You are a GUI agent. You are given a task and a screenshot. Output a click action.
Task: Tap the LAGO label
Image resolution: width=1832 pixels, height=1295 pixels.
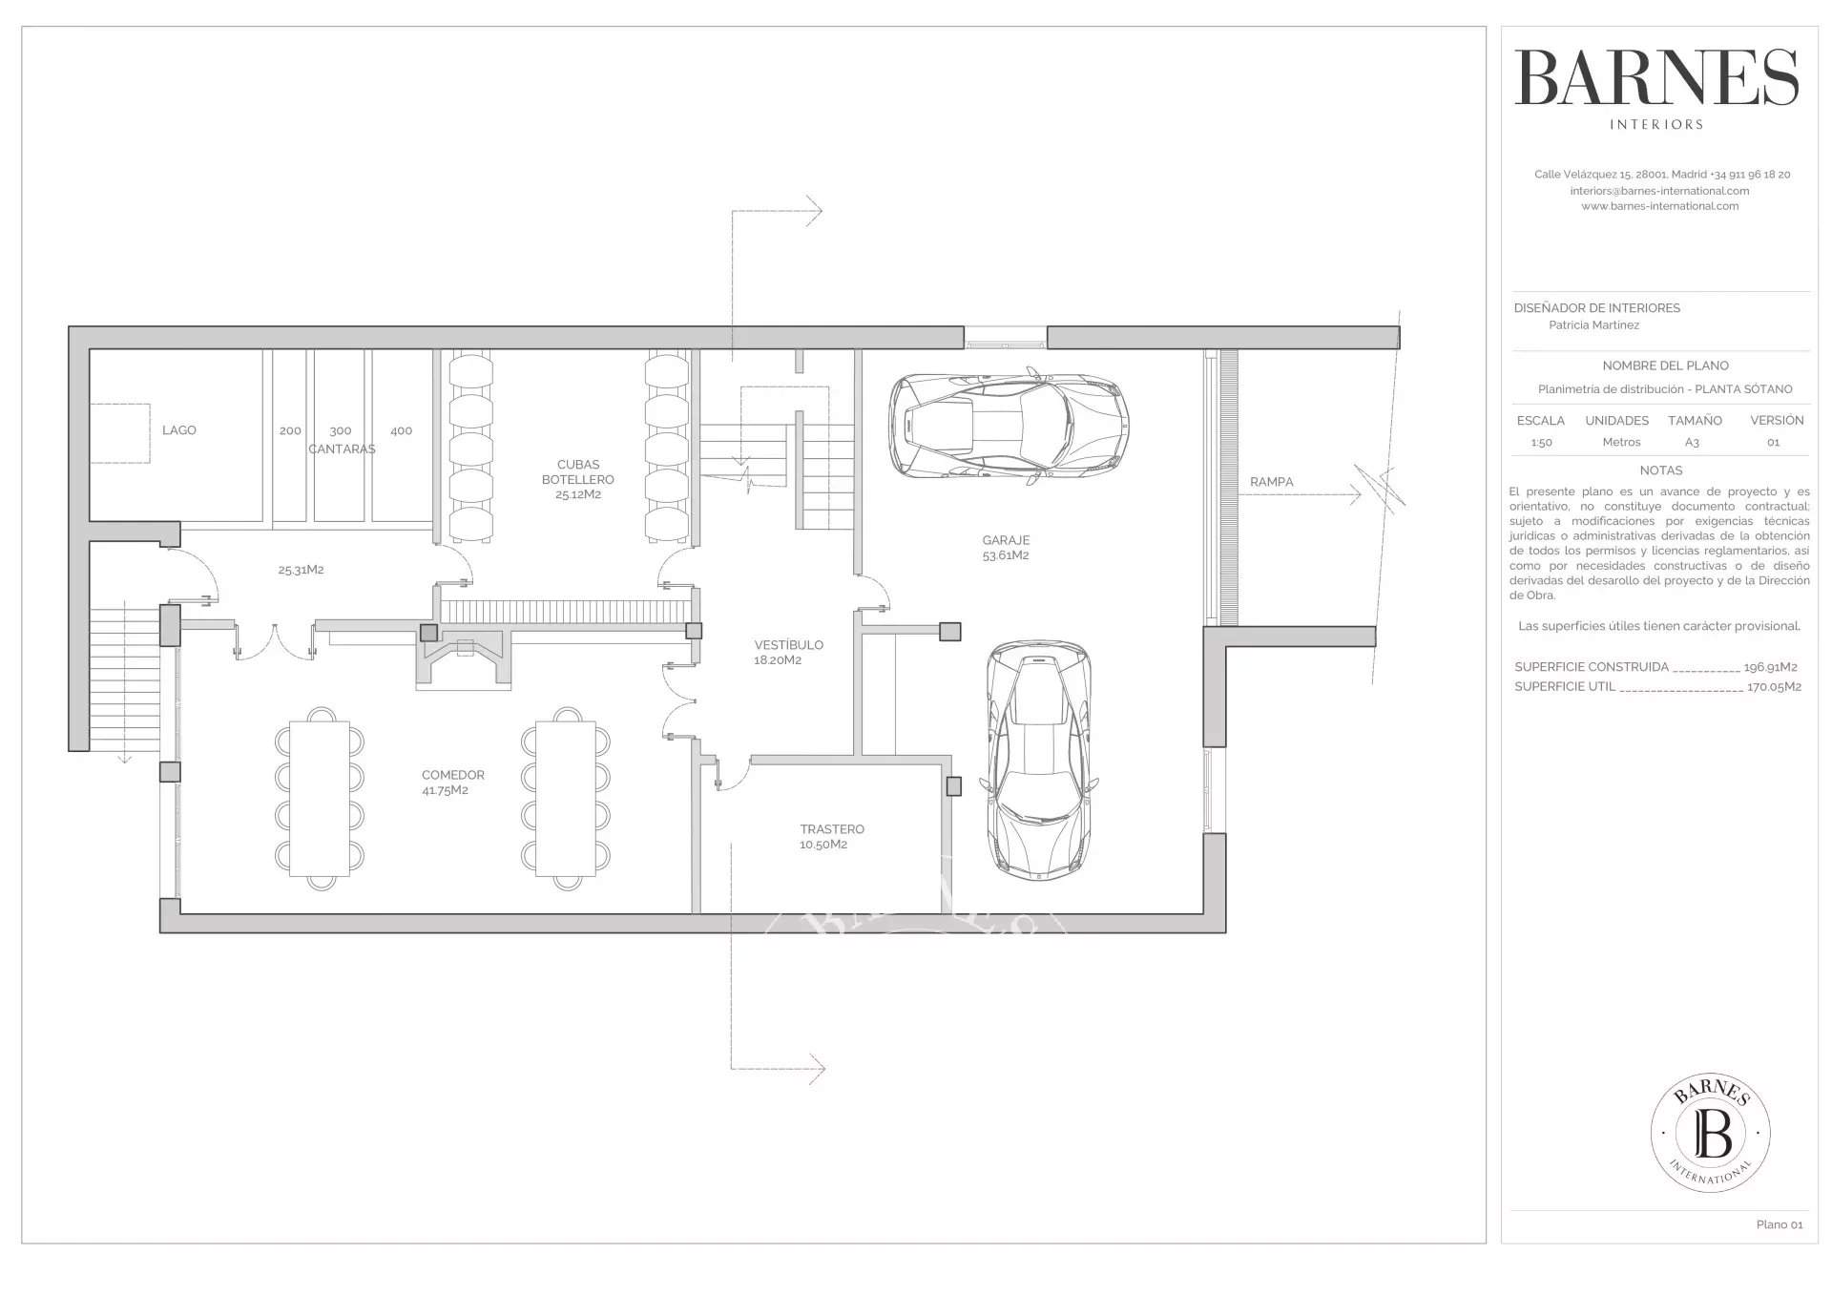(x=178, y=430)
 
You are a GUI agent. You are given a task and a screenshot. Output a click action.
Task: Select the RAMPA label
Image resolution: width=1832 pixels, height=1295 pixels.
(x=1271, y=482)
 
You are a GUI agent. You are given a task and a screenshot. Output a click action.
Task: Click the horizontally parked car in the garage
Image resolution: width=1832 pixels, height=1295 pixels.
(x=1009, y=426)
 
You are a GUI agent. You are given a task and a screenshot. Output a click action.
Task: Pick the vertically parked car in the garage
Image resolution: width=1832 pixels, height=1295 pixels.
(x=1038, y=760)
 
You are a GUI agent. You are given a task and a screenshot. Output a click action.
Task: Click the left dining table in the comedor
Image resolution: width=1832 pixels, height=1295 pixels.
(x=320, y=798)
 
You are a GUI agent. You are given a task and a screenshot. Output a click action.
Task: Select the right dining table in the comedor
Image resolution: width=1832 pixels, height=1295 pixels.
(x=566, y=798)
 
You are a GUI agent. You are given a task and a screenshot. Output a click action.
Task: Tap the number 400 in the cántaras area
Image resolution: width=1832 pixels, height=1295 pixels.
(x=401, y=430)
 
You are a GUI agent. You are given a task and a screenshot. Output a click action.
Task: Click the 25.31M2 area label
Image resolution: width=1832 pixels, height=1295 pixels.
(x=301, y=570)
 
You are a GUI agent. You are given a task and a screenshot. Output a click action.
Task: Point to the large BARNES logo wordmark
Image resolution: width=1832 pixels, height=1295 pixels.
(x=1655, y=78)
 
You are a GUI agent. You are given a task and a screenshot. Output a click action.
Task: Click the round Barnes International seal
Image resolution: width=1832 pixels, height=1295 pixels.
(x=1710, y=1133)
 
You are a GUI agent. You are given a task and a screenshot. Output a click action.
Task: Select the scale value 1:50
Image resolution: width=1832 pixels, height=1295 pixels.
(x=1540, y=443)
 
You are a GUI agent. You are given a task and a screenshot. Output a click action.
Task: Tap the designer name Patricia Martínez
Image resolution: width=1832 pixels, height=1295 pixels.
(x=1593, y=325)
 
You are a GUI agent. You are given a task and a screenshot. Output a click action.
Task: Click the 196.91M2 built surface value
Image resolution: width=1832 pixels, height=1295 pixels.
(x=1770, y=667)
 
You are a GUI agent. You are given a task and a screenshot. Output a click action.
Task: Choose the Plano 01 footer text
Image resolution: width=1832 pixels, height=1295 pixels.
(x=1779, y=1224)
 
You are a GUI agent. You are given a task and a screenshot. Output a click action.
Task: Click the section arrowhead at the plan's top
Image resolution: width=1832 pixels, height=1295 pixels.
(x=813, y=211)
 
